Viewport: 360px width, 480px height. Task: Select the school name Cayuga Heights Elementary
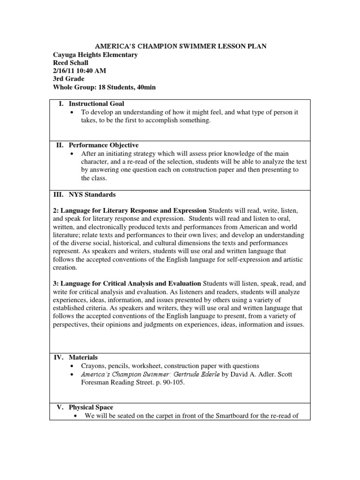coord(96,55)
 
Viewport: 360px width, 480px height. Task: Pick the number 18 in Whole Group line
coord(105,87)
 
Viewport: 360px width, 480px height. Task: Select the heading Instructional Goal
coord(96,104)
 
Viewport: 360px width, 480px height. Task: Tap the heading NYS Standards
coord(92,195)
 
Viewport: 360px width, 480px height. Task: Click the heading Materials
coord(83,357)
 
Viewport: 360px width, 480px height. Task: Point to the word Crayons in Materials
coord(94,366)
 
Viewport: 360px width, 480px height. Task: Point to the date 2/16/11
coord(64,71)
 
